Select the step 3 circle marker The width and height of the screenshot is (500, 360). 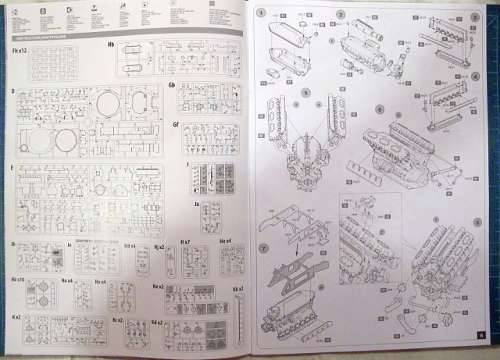click(x=475, y=17)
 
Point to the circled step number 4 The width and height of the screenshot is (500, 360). click(x=475, y=79)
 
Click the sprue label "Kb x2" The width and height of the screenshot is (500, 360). click(x=237, y=290)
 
